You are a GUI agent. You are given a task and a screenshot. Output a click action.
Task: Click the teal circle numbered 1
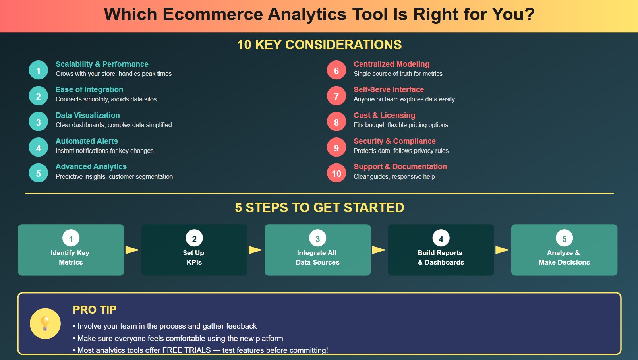[x=39, y=70]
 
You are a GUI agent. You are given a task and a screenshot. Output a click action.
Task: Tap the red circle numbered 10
[x=336, y=173]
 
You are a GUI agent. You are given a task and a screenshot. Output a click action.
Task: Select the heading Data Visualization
[x=87, y=115]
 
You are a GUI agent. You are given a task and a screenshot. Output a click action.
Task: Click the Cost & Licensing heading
[x=384, y=115]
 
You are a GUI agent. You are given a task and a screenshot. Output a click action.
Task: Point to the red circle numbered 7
[x=336, y=96]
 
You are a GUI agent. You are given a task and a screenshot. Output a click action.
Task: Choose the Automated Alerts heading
[x=87, y=141]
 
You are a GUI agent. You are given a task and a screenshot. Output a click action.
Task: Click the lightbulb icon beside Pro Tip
[x=45, y=323]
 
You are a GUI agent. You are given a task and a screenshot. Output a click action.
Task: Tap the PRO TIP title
[x=95, y=310]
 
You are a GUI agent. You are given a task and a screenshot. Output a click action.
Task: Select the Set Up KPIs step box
[x=194, y=250]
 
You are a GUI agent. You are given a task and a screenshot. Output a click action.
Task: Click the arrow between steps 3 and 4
[x=379, y=250]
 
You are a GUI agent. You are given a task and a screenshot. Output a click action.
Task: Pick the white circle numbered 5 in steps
[x=564, y=238]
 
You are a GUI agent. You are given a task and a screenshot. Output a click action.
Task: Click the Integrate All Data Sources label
[x=317, y=257]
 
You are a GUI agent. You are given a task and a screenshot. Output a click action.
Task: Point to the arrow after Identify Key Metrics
[x=132, y=250]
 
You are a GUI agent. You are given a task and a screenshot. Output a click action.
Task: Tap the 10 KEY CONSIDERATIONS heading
[x=319, y=45]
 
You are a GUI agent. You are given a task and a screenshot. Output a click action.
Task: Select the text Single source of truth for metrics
[x=398, y=74]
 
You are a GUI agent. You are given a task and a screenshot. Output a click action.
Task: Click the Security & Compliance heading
[x=394, y=141]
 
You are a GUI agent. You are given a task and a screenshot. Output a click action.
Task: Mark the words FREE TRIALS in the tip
[x=186, y=350]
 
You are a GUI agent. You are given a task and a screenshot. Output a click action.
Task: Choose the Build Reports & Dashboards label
[x=441, y=257]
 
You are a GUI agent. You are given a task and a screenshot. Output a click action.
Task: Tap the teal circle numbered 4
[x=39, y=147]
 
